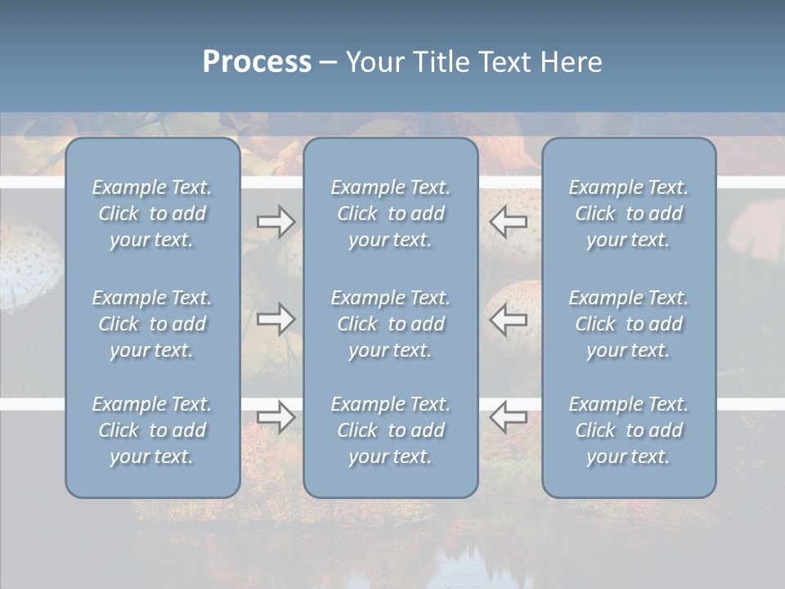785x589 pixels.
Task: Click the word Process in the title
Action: click(x=257, y=62)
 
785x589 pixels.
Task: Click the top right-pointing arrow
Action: click(x=276, y=222)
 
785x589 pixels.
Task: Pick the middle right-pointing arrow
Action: click(x=276, y=319)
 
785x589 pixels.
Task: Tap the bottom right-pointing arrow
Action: click(x=276, y=417)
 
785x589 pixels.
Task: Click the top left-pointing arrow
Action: click(x=509, y=222)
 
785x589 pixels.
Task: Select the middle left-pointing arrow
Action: click(x=509, y=319)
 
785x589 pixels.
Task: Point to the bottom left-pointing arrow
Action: click(x=509, y=417)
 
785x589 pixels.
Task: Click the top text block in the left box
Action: click(x=152, y=214)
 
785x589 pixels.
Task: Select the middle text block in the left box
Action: click(x=152, y=324)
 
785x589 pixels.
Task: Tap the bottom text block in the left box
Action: click(x=152, y=430)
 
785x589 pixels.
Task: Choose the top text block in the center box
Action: click(x=390, y=214)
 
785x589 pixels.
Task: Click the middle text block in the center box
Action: click(x=390, y=324)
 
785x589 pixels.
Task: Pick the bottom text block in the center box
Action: click(x=390, y=430)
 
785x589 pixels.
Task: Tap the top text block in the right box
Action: click(x=629, y=214)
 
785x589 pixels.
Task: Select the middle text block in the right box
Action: click(x=629, y=324)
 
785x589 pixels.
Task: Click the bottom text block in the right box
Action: click(x=629, y=430)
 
